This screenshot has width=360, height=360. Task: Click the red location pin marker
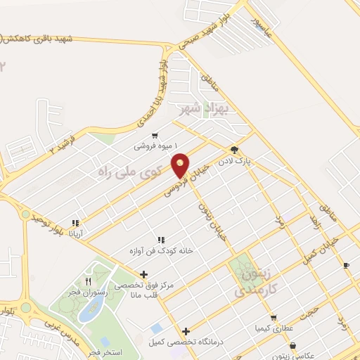(181, 165)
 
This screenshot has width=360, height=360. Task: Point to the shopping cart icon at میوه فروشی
(154, 136)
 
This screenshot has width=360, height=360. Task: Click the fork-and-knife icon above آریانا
(75, 223)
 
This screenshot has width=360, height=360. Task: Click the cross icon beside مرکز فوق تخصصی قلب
(143, 274)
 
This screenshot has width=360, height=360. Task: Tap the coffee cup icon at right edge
(346, 265)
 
